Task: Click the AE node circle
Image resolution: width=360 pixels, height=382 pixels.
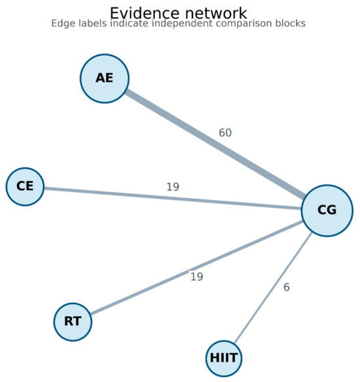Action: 105,78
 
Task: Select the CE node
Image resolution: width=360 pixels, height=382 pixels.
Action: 25,186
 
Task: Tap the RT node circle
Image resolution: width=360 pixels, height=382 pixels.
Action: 73,322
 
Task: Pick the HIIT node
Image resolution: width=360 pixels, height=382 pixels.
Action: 224,358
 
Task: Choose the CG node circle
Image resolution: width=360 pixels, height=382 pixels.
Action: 327,211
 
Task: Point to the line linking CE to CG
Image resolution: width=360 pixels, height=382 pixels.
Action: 173,198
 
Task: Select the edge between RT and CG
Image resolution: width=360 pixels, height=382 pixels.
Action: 196,268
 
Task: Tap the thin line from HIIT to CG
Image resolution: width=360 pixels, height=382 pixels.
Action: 273,287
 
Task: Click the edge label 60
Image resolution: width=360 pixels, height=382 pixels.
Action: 225,133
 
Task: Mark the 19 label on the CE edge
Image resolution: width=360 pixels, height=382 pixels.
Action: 173,187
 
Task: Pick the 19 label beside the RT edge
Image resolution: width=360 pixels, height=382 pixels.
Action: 197,277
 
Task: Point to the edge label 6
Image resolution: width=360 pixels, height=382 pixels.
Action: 287,287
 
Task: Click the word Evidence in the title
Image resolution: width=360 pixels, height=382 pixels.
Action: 145,13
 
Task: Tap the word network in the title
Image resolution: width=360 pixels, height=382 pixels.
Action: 216,13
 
